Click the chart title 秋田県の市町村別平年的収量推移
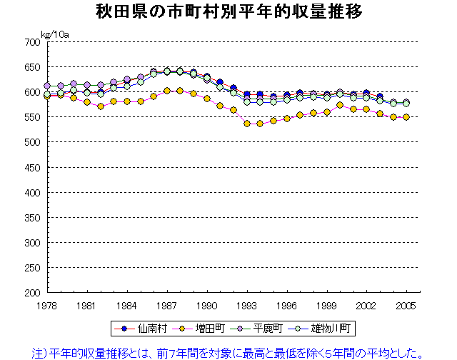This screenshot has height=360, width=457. point(228,12)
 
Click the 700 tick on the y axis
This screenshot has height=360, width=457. point(32,42)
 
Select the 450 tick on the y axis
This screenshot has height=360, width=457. point(32,168)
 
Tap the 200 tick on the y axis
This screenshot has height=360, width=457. point(32,293)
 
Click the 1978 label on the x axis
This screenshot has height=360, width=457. point(47,306)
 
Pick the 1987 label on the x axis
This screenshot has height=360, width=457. point(167,306)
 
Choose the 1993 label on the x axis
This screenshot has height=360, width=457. point(247,306)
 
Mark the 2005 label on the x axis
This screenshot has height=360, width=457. point(406,306)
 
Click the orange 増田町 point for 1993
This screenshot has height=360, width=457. point(247,124)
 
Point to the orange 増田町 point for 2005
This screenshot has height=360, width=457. point(406,117)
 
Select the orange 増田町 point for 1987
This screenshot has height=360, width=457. point(167,91)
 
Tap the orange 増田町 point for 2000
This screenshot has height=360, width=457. point(340,105)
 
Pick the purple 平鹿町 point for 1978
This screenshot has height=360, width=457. point(47,86)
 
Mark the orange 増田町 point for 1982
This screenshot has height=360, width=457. point(101,106)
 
